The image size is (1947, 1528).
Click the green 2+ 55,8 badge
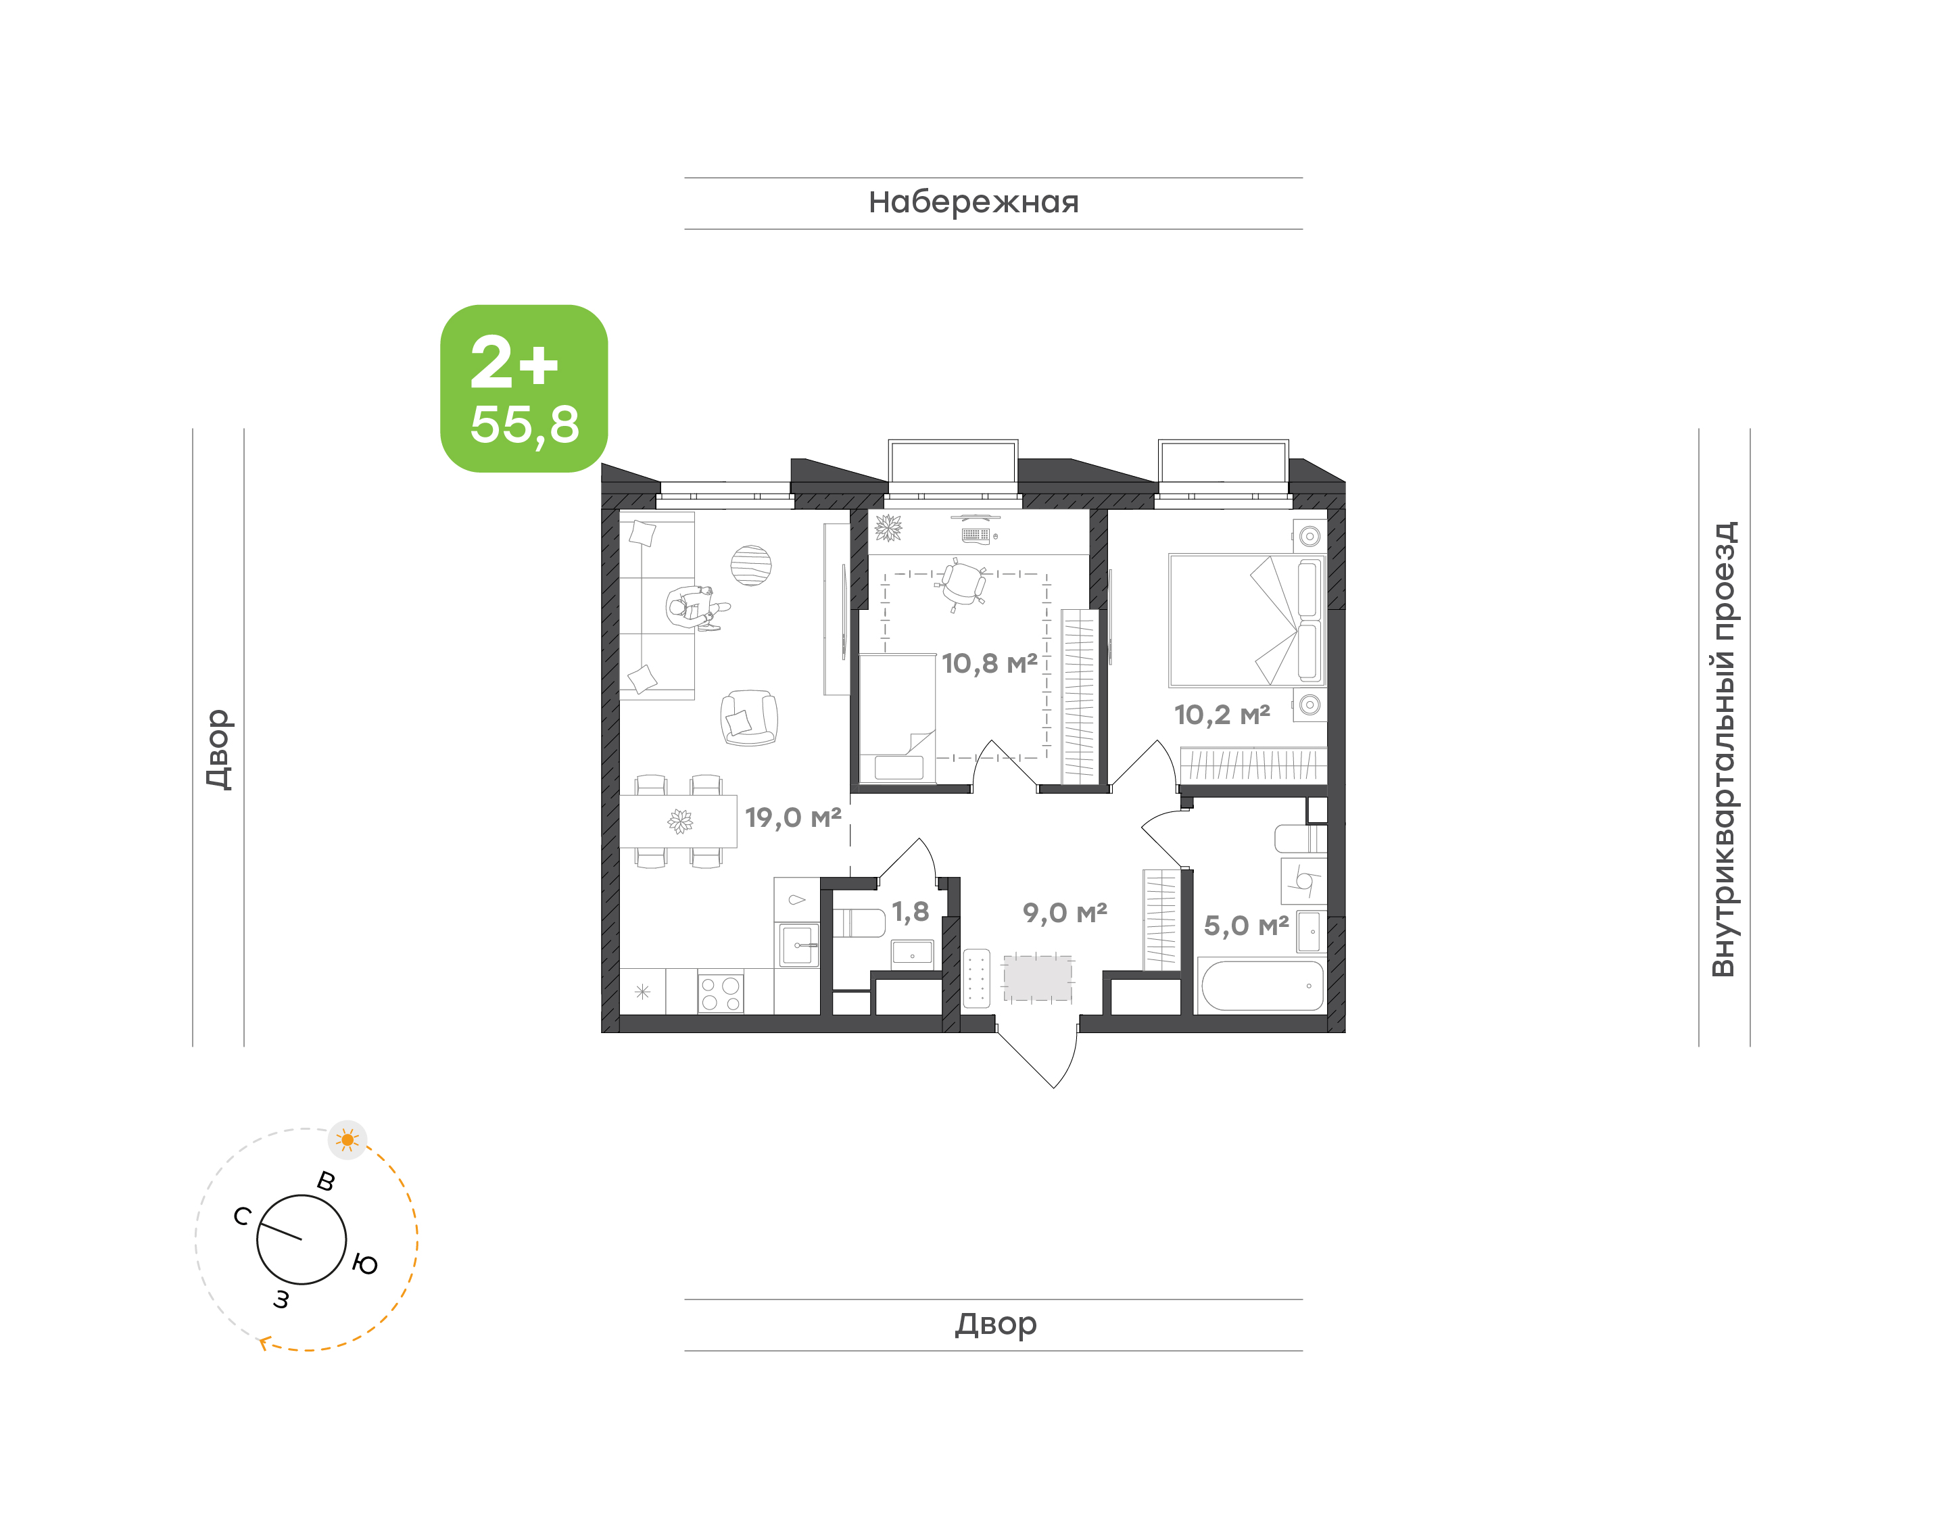pos(523,388)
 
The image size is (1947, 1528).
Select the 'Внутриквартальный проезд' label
pos(1723,749)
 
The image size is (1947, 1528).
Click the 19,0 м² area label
pos(792,817)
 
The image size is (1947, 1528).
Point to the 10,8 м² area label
pos(989,664)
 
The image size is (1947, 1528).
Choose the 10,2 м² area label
pos(1222,715)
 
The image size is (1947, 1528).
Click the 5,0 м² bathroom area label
pos(1246,926)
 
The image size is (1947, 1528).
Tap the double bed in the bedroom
pos(1247,621)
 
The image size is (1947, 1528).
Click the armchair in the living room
pos(748,719)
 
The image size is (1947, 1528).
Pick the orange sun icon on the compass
pos(348,1140)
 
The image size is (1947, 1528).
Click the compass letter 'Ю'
pos(365,1265)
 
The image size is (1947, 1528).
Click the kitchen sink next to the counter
pos(797,945)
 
